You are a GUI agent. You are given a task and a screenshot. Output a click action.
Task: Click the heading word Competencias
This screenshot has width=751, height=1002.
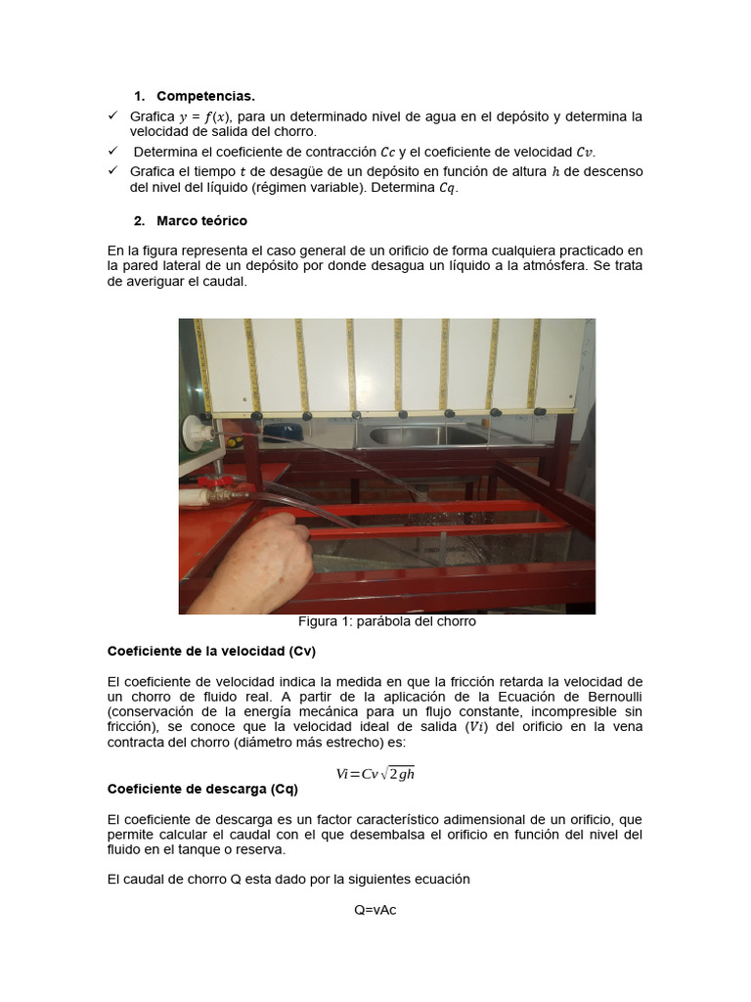pos(205,96)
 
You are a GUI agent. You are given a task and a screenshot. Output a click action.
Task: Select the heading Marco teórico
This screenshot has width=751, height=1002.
pos(201,221)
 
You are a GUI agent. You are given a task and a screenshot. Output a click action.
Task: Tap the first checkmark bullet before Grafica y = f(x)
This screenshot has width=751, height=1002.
pos(112,116)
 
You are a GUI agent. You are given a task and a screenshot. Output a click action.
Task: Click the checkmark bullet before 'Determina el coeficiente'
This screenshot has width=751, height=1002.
pos(112,152)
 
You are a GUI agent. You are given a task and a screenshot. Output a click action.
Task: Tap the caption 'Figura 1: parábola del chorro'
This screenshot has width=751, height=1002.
pos(386,621)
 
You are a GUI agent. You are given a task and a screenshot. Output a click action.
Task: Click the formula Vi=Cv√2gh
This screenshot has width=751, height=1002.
pos(375,773)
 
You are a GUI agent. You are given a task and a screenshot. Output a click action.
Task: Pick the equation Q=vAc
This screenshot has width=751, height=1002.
pos(375,910)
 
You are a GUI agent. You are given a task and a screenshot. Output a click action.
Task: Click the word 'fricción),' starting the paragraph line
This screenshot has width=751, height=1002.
pos(132,727)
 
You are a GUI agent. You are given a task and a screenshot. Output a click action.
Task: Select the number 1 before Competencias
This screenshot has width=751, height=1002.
pos(138,96)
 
